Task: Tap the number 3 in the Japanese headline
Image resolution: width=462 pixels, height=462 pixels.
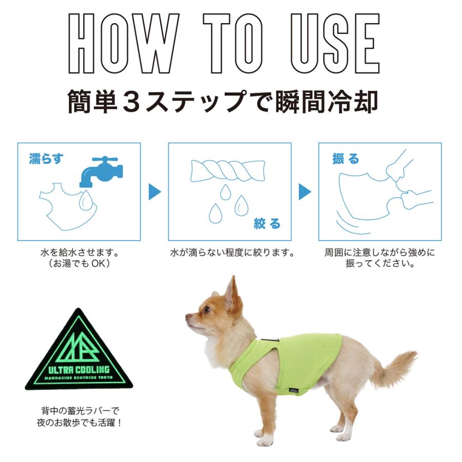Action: tap(136, 102)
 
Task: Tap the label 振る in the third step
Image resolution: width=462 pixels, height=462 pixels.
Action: tap(345, 159)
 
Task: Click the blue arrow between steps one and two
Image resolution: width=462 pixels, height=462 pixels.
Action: tap(155, 192)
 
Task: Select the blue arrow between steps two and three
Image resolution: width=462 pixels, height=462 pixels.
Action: tap(305, 192)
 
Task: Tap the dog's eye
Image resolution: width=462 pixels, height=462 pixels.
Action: tap(206, 310)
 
